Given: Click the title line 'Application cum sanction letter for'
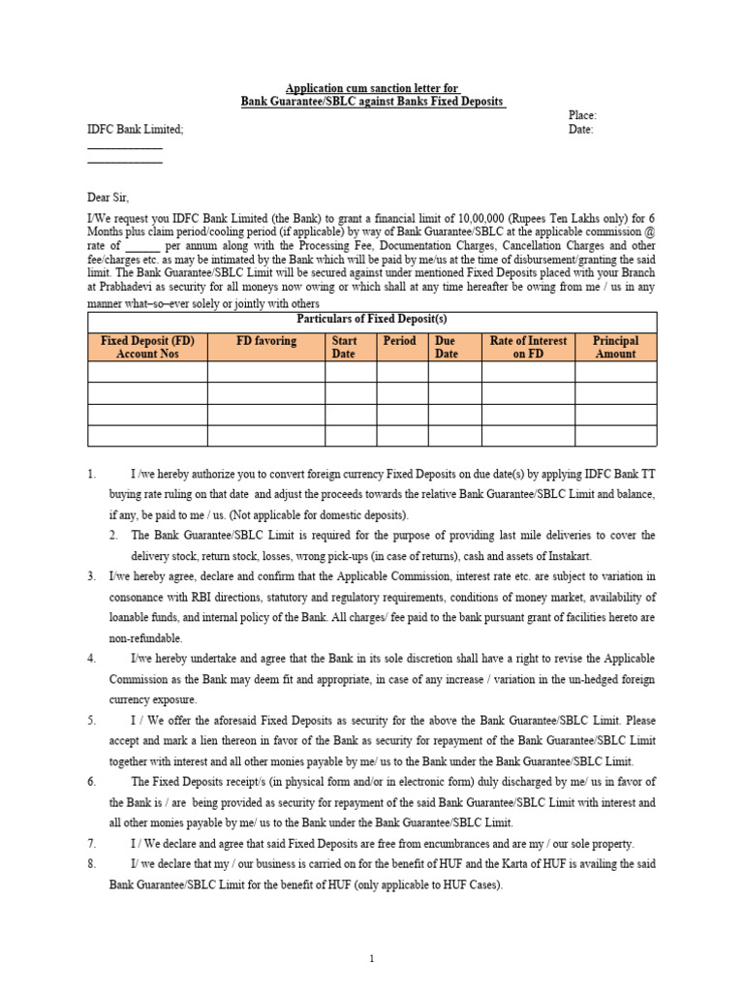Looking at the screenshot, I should [372, 88].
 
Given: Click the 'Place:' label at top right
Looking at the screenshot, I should [582, 115].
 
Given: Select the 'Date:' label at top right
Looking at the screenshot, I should [580, 129].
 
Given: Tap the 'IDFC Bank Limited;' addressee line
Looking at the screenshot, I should [135, 129].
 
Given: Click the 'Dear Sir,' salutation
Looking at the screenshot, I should [108, 198].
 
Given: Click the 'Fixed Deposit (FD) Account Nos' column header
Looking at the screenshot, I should [147, 347].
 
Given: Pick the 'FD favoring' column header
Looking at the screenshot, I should [266, 341].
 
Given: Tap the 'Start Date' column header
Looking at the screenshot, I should [344, 347].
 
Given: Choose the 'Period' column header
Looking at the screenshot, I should [399, 341].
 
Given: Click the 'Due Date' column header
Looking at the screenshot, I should [446, 347].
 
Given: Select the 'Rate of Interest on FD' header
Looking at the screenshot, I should [528, 347].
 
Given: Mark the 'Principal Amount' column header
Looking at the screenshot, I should [615, 347].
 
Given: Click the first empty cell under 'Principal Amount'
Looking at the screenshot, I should [615, 372].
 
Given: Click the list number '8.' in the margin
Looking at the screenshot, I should [92, 864].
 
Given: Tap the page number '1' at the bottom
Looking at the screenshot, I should [372, 959].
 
